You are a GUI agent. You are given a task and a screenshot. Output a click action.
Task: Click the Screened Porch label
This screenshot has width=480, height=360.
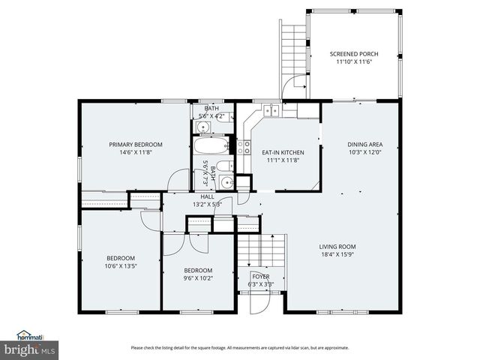point(354,54)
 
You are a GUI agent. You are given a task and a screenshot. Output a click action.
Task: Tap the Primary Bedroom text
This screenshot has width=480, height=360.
point(136,144)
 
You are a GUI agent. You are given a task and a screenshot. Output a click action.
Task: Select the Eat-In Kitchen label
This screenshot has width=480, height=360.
point(281,152)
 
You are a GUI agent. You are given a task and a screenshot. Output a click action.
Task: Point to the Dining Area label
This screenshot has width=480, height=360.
point(365,144)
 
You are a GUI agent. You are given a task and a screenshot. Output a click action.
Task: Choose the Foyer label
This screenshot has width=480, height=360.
point(260,277)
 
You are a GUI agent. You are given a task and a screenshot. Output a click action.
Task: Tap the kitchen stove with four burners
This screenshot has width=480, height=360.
point(244,146)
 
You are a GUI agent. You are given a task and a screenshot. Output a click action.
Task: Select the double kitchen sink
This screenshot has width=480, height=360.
point(271,111)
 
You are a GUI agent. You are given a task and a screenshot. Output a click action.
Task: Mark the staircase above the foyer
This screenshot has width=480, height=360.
point(262,250)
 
